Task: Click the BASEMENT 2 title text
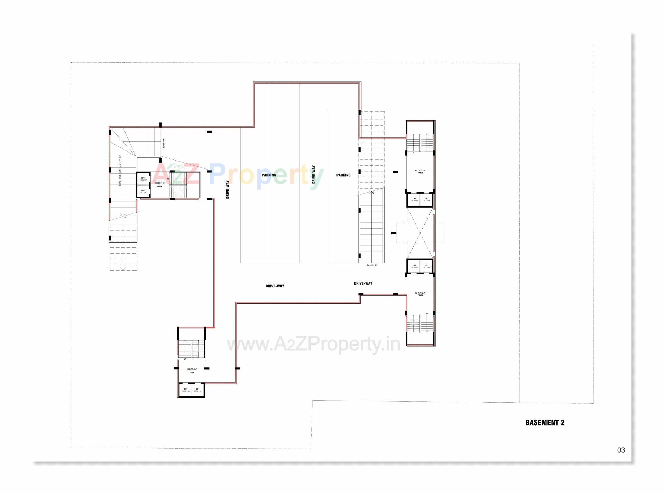coord(545,422)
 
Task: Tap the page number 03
coord(621,450)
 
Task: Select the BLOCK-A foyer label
coord(420,171)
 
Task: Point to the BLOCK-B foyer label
coord(420,294)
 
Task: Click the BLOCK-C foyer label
coord(192,370)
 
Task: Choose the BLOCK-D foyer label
coord(159,184)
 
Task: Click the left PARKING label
coord(269,175)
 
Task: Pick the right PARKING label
coord(343,175)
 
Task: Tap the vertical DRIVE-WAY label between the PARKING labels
coord(314,174)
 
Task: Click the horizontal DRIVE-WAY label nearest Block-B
coord(363,283)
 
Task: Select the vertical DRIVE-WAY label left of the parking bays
coord(228,190)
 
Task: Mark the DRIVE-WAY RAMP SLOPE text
coord(120,171)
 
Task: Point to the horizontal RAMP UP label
coord(371,265)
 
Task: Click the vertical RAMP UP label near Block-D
coord(164,143)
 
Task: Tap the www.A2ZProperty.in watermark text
coord(313,344)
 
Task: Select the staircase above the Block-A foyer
coord(420,143)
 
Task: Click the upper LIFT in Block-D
coord(143,179)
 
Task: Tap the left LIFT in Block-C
coord(186,390)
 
